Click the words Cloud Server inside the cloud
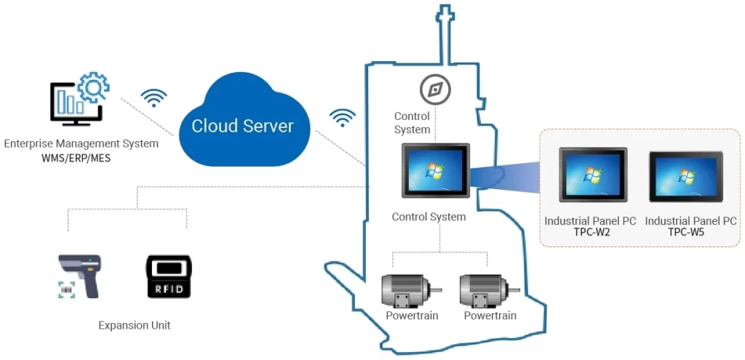tap(242, 126)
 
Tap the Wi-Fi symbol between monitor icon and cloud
tap(154, 98)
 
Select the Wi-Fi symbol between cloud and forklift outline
tap(342, 117)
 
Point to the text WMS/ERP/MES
tap(76, 158)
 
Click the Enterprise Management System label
tap(81, 144)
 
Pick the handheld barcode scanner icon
tap(79, 276)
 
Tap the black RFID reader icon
tap(168, 276)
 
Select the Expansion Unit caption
tap(135, 325)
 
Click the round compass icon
tap(435, 90)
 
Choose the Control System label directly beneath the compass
tap(413, 123)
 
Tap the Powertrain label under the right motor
tap(490, 316)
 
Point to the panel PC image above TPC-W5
tap(685, 177)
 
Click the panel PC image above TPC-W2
tap(592, 175)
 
